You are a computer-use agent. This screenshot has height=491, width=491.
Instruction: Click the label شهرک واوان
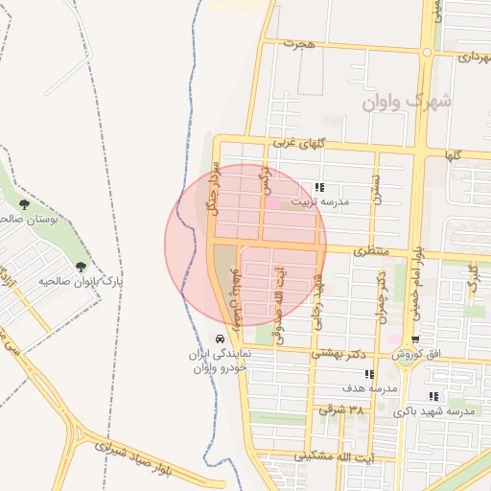tap(408, 100)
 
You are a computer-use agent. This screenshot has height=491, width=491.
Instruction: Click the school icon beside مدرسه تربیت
tap(319, 188)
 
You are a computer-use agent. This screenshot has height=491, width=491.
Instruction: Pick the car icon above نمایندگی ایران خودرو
tap(221, 339)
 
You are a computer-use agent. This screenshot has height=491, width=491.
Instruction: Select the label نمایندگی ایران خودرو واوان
tap(222, 361)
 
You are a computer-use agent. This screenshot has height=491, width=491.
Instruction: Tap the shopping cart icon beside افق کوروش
tap(415, 339)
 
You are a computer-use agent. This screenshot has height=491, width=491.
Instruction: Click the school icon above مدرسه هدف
tap(369, 374)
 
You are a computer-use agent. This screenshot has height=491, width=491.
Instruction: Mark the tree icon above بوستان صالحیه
tap(24, 204)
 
